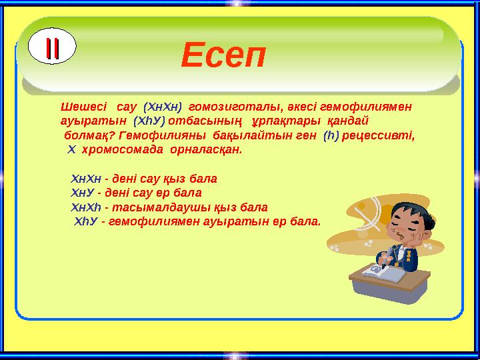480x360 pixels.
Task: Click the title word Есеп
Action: click(x=223, y=55)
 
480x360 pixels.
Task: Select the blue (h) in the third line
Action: click(x=331, y=135)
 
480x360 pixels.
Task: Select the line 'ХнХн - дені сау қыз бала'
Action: click(x=143, y=179)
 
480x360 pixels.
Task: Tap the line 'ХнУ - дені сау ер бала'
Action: click(x=136, y=193)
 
